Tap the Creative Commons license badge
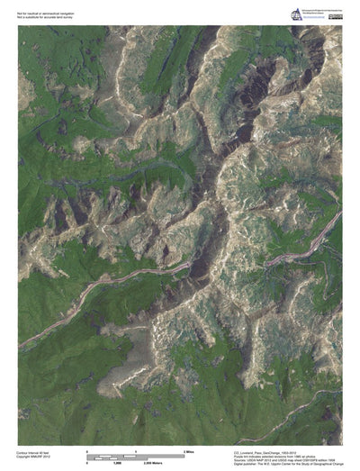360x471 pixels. pyautogui.click(x=334, y=9)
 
